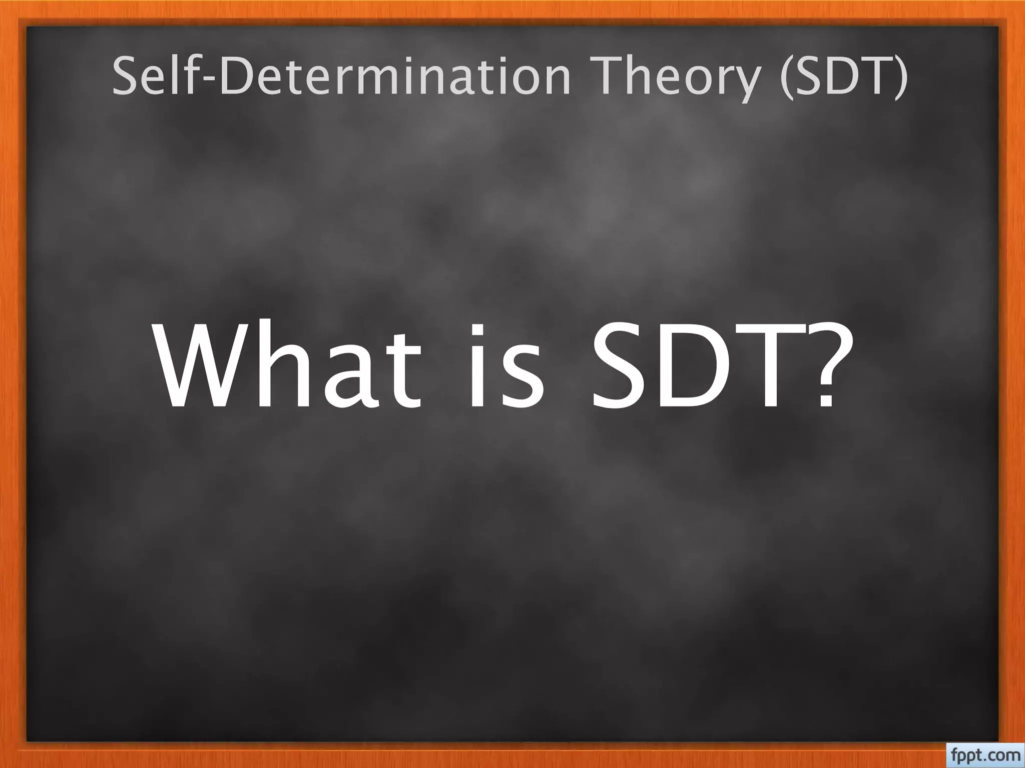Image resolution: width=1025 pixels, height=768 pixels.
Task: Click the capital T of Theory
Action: [x=601, y=76]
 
